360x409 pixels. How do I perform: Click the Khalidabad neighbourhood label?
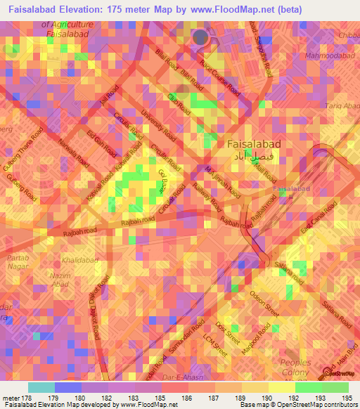point(79,260)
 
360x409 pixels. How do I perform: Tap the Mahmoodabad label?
point(328,55)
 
